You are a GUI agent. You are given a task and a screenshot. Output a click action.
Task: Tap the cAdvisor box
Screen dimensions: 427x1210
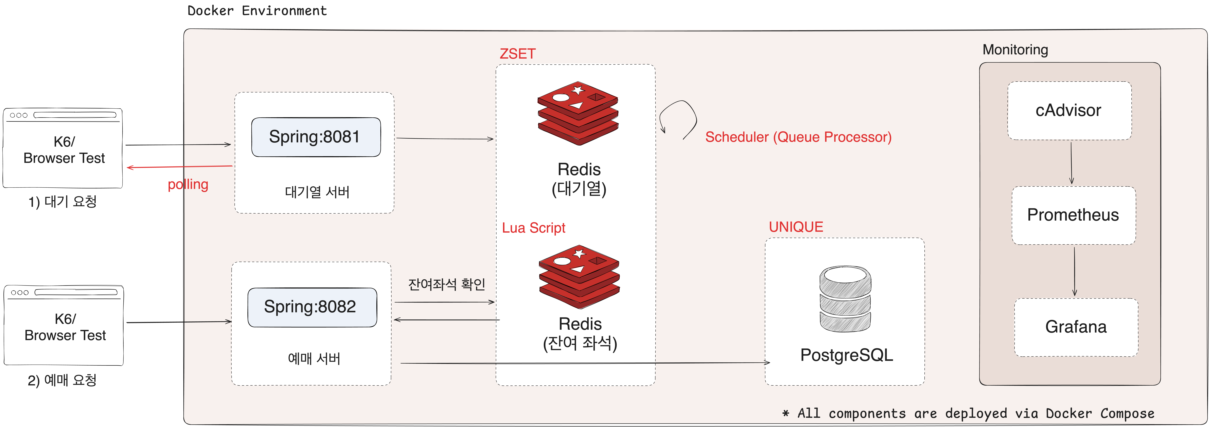[1069, 110]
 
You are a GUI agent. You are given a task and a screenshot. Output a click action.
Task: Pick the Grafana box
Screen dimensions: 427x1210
[1076, 327]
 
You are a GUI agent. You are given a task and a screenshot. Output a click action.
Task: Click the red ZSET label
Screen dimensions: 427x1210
[517, 54]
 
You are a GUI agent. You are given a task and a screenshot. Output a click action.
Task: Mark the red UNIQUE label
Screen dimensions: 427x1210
[796, 227]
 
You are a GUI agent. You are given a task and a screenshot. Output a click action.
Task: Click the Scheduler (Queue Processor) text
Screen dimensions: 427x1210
[798, 137]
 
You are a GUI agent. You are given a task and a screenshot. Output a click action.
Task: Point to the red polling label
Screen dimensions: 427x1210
[188, 184]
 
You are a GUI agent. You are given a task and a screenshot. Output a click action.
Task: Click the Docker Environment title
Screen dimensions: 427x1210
[257, 11]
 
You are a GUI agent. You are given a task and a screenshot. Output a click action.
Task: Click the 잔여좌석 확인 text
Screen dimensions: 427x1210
[446, 284]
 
